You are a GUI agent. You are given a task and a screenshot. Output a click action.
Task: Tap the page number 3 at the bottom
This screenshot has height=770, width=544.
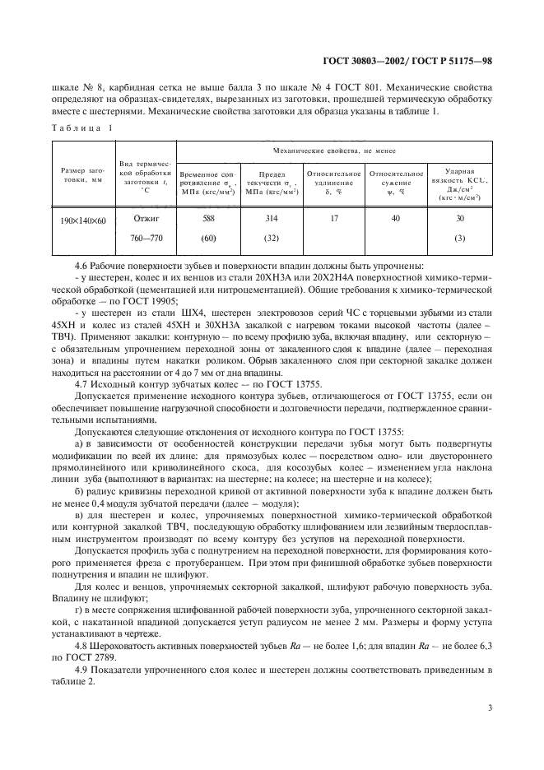coord(489,707)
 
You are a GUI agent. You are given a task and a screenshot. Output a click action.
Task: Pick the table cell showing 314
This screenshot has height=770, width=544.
coord(271,218)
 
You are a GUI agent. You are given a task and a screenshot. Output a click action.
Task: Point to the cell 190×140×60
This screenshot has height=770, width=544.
coord(81,220)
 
